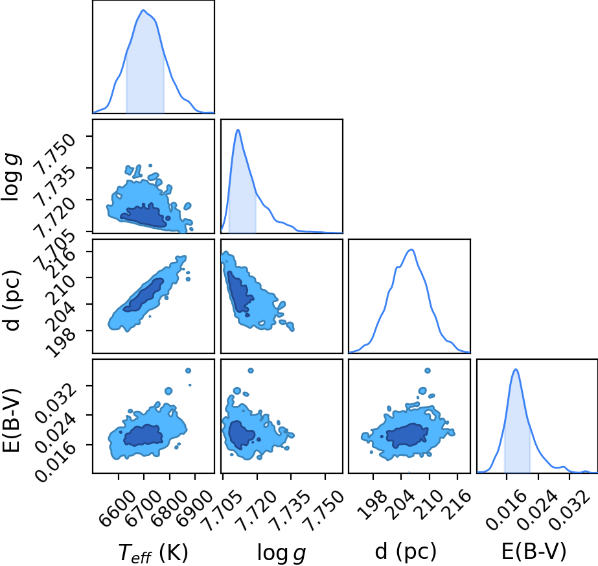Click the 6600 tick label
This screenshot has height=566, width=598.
click(x=117, y=503)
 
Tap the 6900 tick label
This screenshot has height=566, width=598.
click(x=194, y=503)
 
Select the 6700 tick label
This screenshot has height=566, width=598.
click(x=143, y=503)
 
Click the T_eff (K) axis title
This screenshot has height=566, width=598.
click(x=154, y=552)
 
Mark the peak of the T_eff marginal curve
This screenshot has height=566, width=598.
click(x=143, y=10)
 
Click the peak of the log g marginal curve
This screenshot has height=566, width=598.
click(x=238, y=130)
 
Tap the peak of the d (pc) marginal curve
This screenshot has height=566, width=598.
click(x=411, y=250)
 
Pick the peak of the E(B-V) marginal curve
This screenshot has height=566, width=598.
click(x=516, y=369)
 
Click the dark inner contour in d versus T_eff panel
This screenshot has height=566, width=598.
click(x=144, y=295)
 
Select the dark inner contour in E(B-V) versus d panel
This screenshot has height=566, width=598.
click(x=407, y=435)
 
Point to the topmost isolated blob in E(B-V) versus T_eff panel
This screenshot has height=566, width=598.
click(x=188, y=371)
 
